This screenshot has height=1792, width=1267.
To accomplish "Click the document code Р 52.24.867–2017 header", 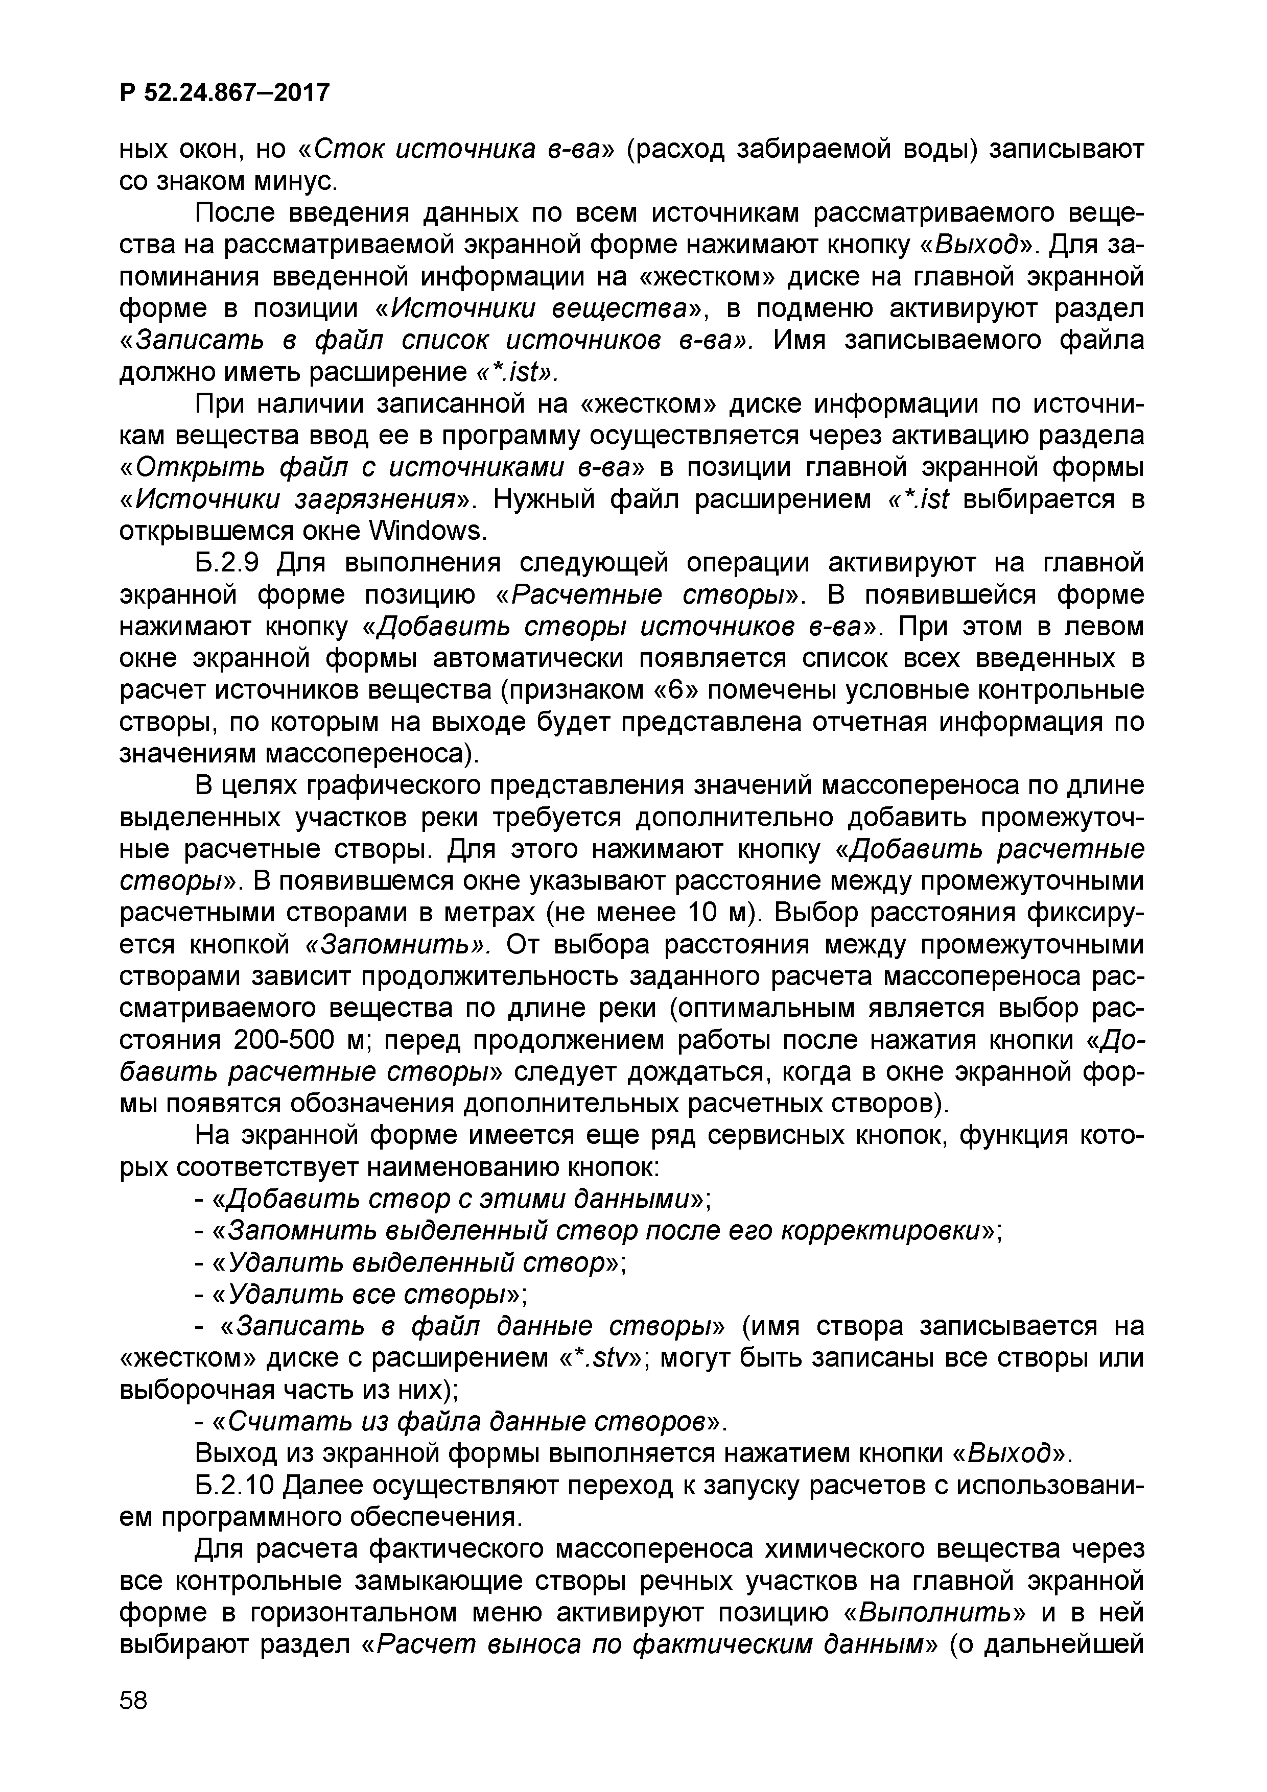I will pos(225,93).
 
